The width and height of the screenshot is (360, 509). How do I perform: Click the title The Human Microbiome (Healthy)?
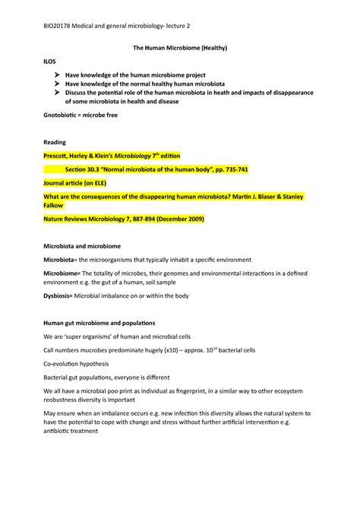[x=180, y=49]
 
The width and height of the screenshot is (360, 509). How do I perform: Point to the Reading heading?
[x=55, y=142]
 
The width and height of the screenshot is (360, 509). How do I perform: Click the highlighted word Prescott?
[x=58, y=155]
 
